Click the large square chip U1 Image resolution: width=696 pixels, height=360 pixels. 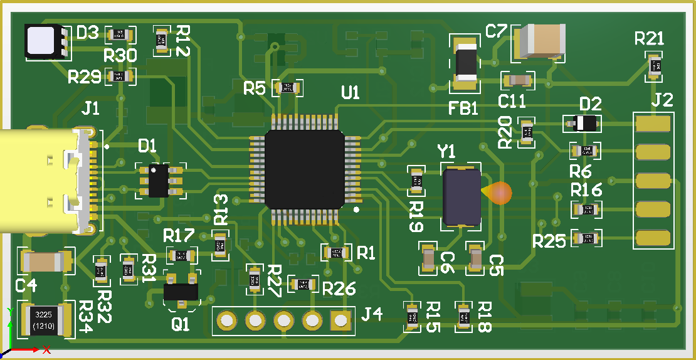coord(305,169)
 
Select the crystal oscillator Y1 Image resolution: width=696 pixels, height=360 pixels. coord(461,196)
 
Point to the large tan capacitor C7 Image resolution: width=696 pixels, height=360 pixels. coord(539,41)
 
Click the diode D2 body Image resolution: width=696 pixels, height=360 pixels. coord(583,123)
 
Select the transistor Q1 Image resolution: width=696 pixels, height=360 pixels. coord(181,291)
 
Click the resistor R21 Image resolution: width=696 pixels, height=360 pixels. coord(655,65)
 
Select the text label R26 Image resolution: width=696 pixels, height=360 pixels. coord(339,289)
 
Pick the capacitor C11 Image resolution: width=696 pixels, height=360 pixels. coord(518,80)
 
